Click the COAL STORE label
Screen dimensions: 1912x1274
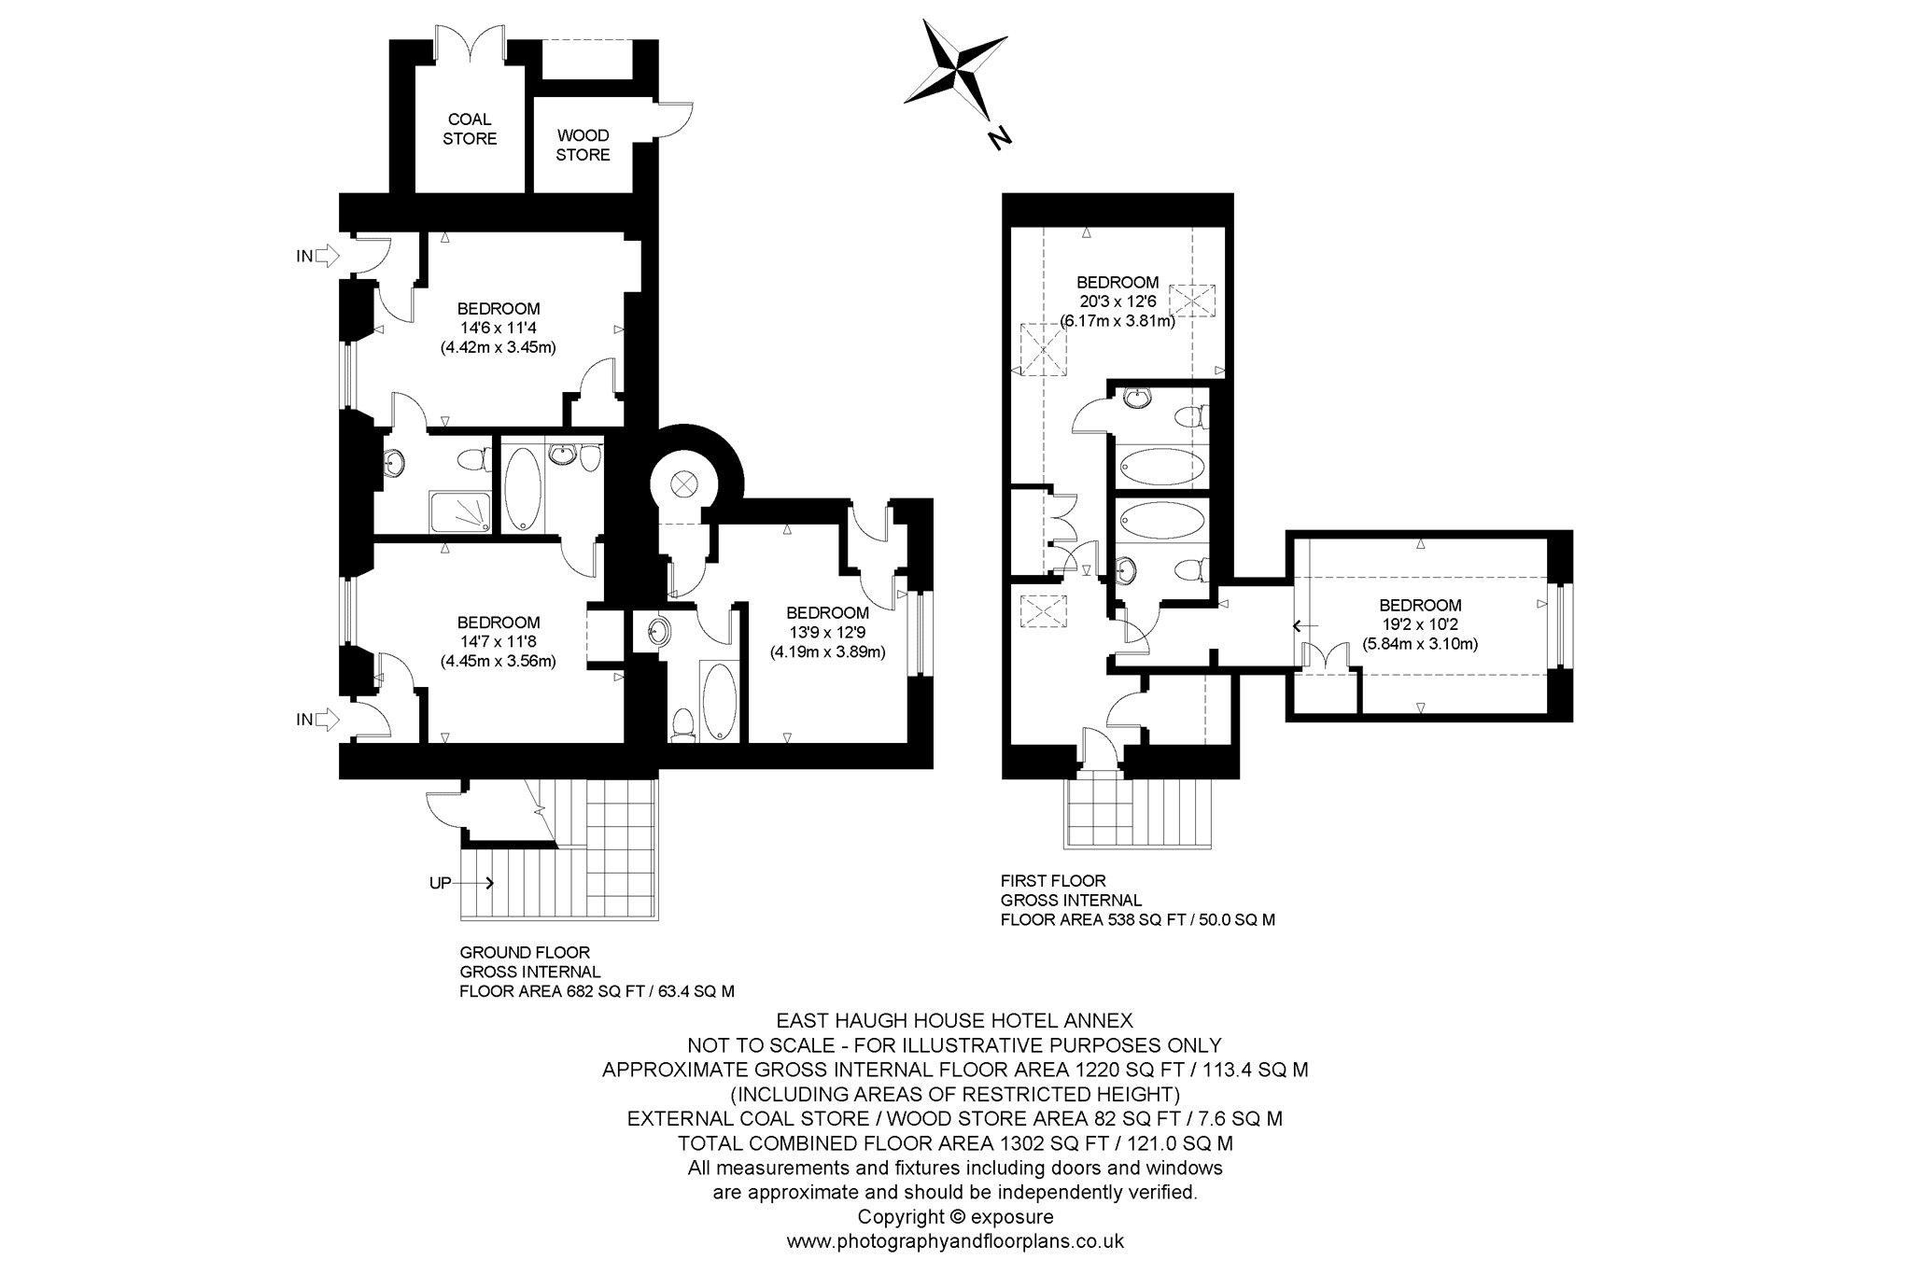tap(470, 129)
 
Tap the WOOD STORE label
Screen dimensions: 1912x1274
tap(583, 145)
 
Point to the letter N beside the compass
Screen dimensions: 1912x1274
tap(999, 139)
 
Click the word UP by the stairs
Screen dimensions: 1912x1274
tap(441, 882)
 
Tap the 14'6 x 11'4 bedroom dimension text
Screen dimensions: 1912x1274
tap(498, 328)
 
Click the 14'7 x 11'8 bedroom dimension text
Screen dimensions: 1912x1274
tap(498, 642)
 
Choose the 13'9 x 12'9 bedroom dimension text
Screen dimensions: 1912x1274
tap(827, 632)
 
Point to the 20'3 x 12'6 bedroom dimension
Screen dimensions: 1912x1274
tap(1118, 301)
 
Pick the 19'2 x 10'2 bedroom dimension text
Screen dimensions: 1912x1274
tap(1420, 624)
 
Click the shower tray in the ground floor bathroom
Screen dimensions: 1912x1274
tap(459, 512)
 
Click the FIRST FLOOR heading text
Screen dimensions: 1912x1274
tap(1053, 880)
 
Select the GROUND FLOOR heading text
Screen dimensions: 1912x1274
tap(525, 953)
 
